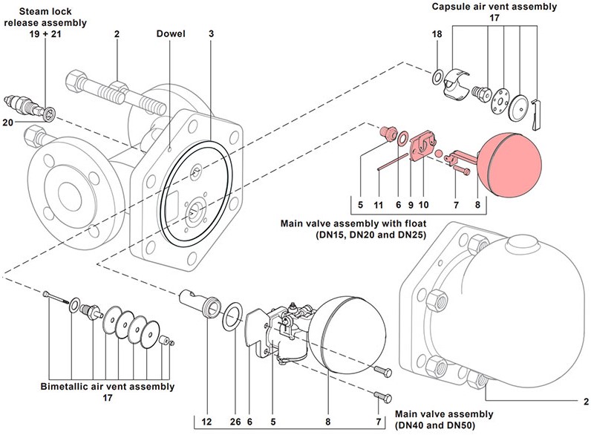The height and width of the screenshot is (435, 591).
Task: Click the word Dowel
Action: pos(171,34)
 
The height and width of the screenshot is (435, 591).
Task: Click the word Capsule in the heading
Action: pos(454,7)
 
